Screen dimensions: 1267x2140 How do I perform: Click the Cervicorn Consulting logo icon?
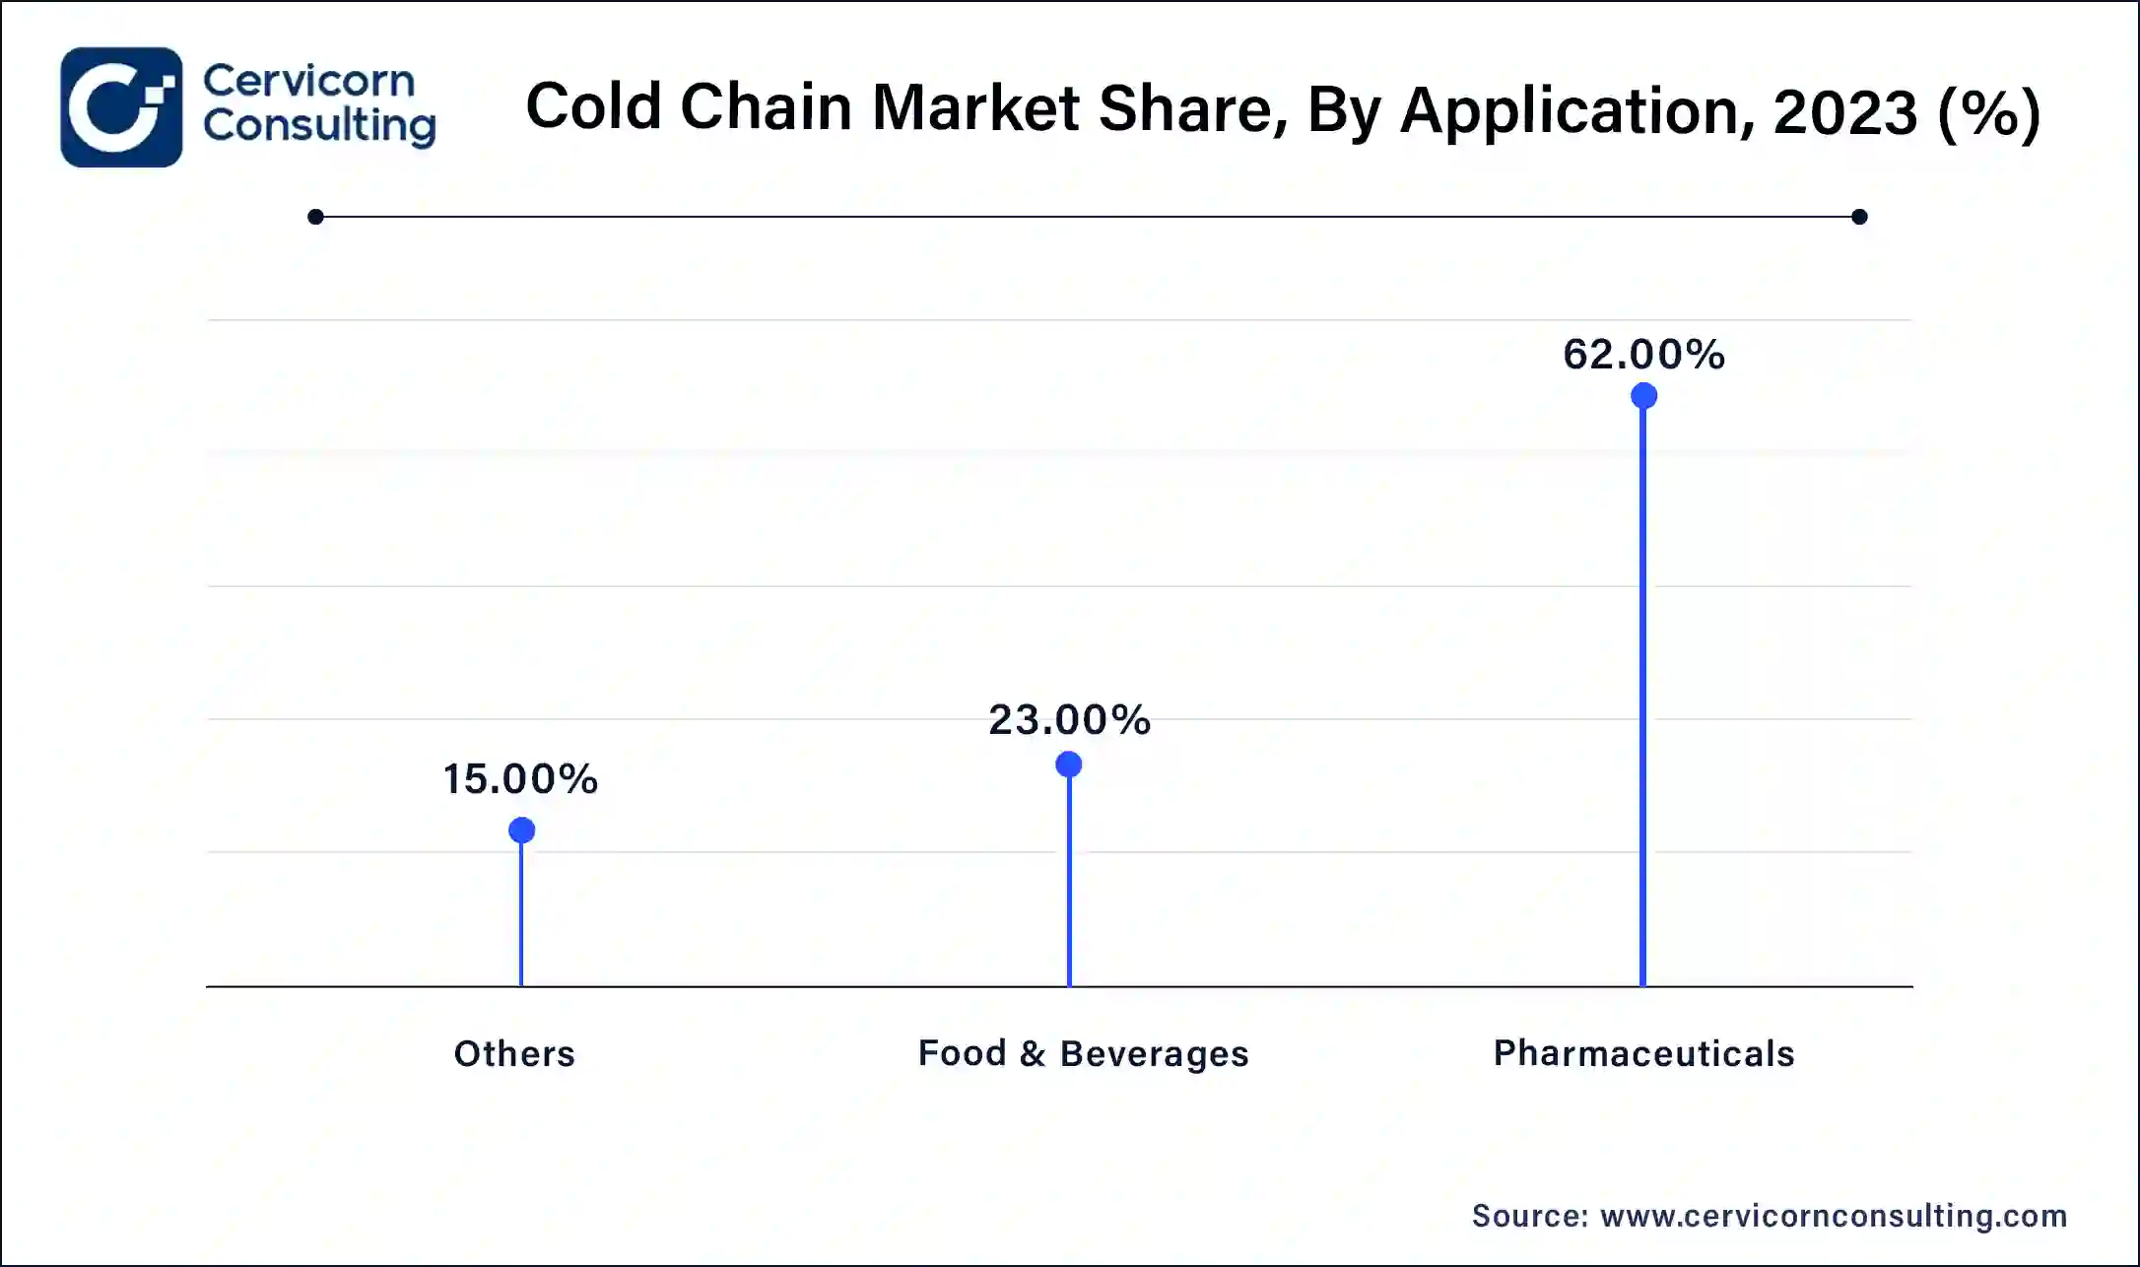[x=121, y=107]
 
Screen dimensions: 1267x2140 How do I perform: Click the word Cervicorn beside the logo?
[x=308, y=81]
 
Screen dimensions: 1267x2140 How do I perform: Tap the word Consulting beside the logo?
[x=319, y=126]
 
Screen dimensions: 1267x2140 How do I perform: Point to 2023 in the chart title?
[x=1844, y=111]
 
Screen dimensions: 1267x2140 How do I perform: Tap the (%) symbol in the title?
[x=1987, y=111]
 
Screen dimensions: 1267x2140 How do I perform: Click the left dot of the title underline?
[x=315, y=217]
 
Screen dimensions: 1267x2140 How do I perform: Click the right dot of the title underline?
[x=1859, y=217]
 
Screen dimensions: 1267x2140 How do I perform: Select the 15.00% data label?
[x=520, y=779]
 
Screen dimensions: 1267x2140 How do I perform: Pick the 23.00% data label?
[x=1070, y=720]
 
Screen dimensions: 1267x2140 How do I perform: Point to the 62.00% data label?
[x=1643, y=355]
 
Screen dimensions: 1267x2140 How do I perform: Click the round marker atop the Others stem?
[x=521, y=831]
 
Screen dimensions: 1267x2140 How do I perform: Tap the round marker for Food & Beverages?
[x=1069, y=765]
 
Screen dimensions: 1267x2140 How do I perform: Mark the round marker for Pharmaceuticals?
[x=1643, y=396]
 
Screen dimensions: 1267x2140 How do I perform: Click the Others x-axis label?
[x=514, y=1054]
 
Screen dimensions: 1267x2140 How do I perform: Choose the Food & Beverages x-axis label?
[x=1083, y=1054]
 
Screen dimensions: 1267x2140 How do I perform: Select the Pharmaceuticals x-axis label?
[x=1643, y=1054]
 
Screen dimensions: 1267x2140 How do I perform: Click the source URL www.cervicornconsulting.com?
[x=1834, y=1217]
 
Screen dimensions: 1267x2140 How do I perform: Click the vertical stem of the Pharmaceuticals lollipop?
[x=1642, y=690]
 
